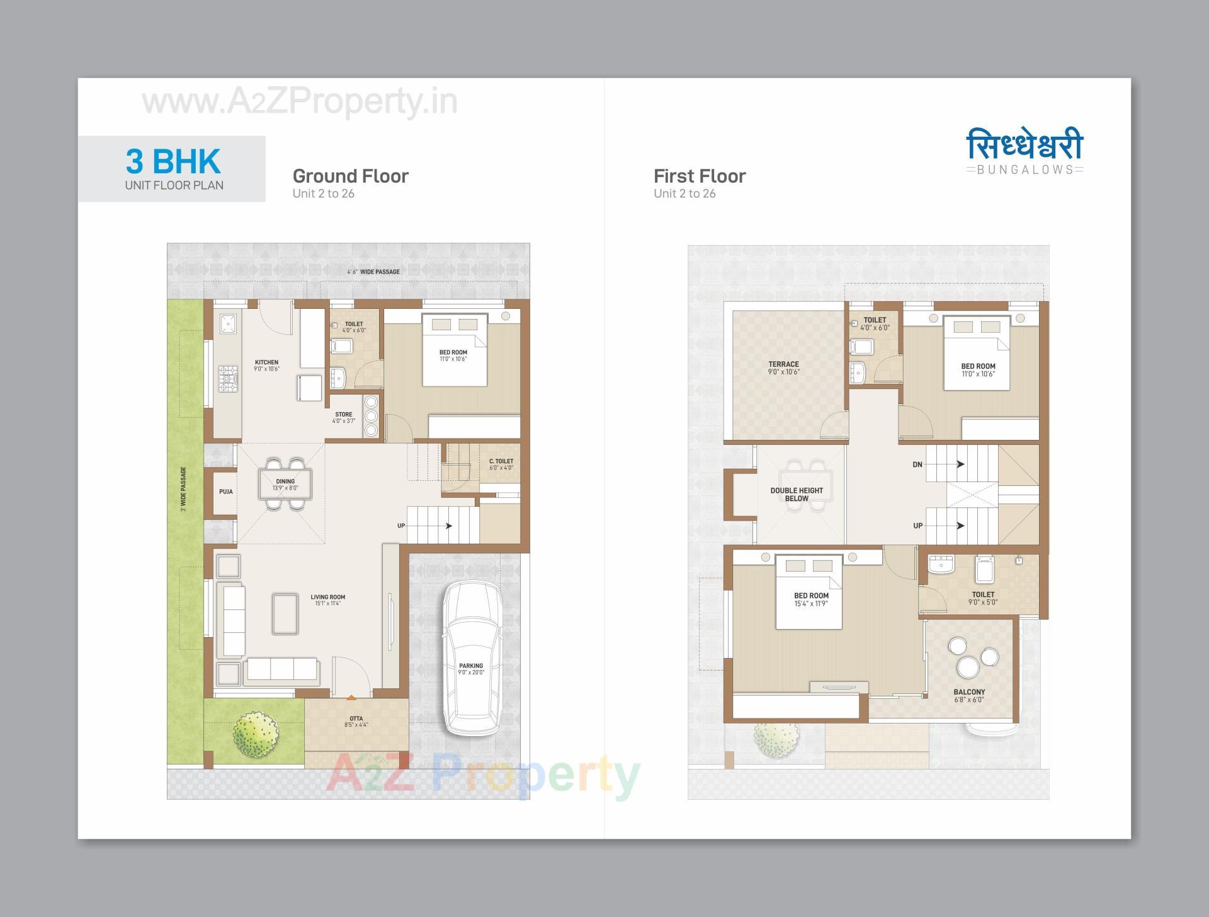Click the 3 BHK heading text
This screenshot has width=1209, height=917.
(x=173, y=161)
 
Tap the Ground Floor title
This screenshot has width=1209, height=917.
(x=350, y=176)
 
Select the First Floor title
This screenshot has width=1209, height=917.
(x=699, y=176)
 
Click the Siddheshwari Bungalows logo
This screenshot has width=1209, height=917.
(x=1025, y=151)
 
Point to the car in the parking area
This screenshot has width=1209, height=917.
(x=472, y=659)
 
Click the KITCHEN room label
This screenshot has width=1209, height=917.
(x=266, y=362)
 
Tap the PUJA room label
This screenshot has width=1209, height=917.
(x=226, y=492)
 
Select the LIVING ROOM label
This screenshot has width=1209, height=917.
(x=327, y=597)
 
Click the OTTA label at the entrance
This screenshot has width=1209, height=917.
(x=356, y=718)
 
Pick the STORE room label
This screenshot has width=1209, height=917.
(x=344, y=415)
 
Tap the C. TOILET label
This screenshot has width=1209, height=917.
(x=501, y=461)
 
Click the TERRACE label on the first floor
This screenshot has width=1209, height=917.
(x=783, y=364)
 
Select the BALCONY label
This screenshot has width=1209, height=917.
(x=969, y=692)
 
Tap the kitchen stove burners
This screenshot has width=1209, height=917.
(x=227, y=378)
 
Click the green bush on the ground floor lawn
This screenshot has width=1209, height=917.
(x=255, y=734)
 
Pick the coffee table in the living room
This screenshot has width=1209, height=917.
(x=285, y=613)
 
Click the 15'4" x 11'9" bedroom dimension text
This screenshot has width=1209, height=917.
(x=811, y=604)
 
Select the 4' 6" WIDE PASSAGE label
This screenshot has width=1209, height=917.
(x=373, y=272)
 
